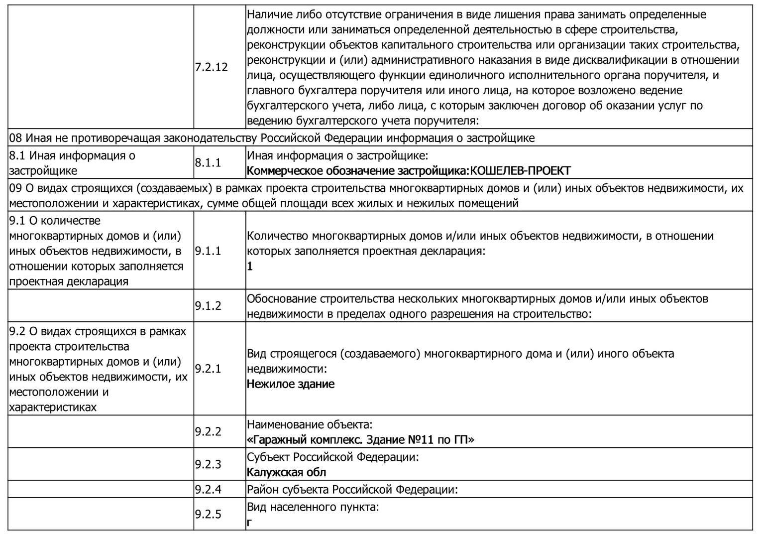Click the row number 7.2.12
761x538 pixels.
coord(211,67)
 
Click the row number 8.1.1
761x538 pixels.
coord(208,163)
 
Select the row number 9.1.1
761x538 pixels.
coord(208,251)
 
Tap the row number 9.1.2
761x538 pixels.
coord(208,306)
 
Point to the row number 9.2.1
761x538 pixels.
coord(208,369)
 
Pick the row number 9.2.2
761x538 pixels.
coord(208,431)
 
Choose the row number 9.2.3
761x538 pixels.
coord(208,464)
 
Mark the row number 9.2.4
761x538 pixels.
coord(208,489)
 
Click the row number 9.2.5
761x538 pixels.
coord(208,514)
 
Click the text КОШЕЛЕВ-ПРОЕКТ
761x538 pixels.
coord(520,171)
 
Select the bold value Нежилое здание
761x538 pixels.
coord(291,384)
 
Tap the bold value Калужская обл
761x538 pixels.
coord(287,472)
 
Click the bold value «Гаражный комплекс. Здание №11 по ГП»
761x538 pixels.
coord(360,440)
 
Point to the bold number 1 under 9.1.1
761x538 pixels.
coord(250,267)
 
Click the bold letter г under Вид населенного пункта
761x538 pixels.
coord(249,523)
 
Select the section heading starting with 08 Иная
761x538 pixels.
coord(272,138)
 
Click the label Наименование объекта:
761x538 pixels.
coord(310,425)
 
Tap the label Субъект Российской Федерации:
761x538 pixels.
coord(332,457)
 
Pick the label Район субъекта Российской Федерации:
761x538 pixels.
coord(352,490)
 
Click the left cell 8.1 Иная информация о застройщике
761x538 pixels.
coord(72,163)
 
